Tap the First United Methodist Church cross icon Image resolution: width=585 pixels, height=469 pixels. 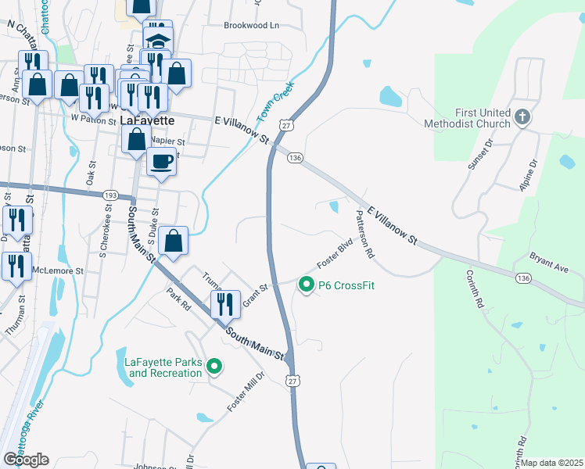[522, 117]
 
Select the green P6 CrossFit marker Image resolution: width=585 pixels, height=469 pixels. [307, 285]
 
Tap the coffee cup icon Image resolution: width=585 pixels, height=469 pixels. [161, 162]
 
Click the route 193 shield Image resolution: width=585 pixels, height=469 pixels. [109, 195]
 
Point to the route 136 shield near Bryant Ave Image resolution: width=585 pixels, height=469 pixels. [523, 277]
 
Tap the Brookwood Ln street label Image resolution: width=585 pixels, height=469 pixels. [251, 26]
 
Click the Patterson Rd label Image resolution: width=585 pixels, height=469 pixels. [364, 234]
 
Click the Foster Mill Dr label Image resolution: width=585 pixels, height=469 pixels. [246, 392]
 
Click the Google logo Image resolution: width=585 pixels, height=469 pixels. [25, 459]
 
